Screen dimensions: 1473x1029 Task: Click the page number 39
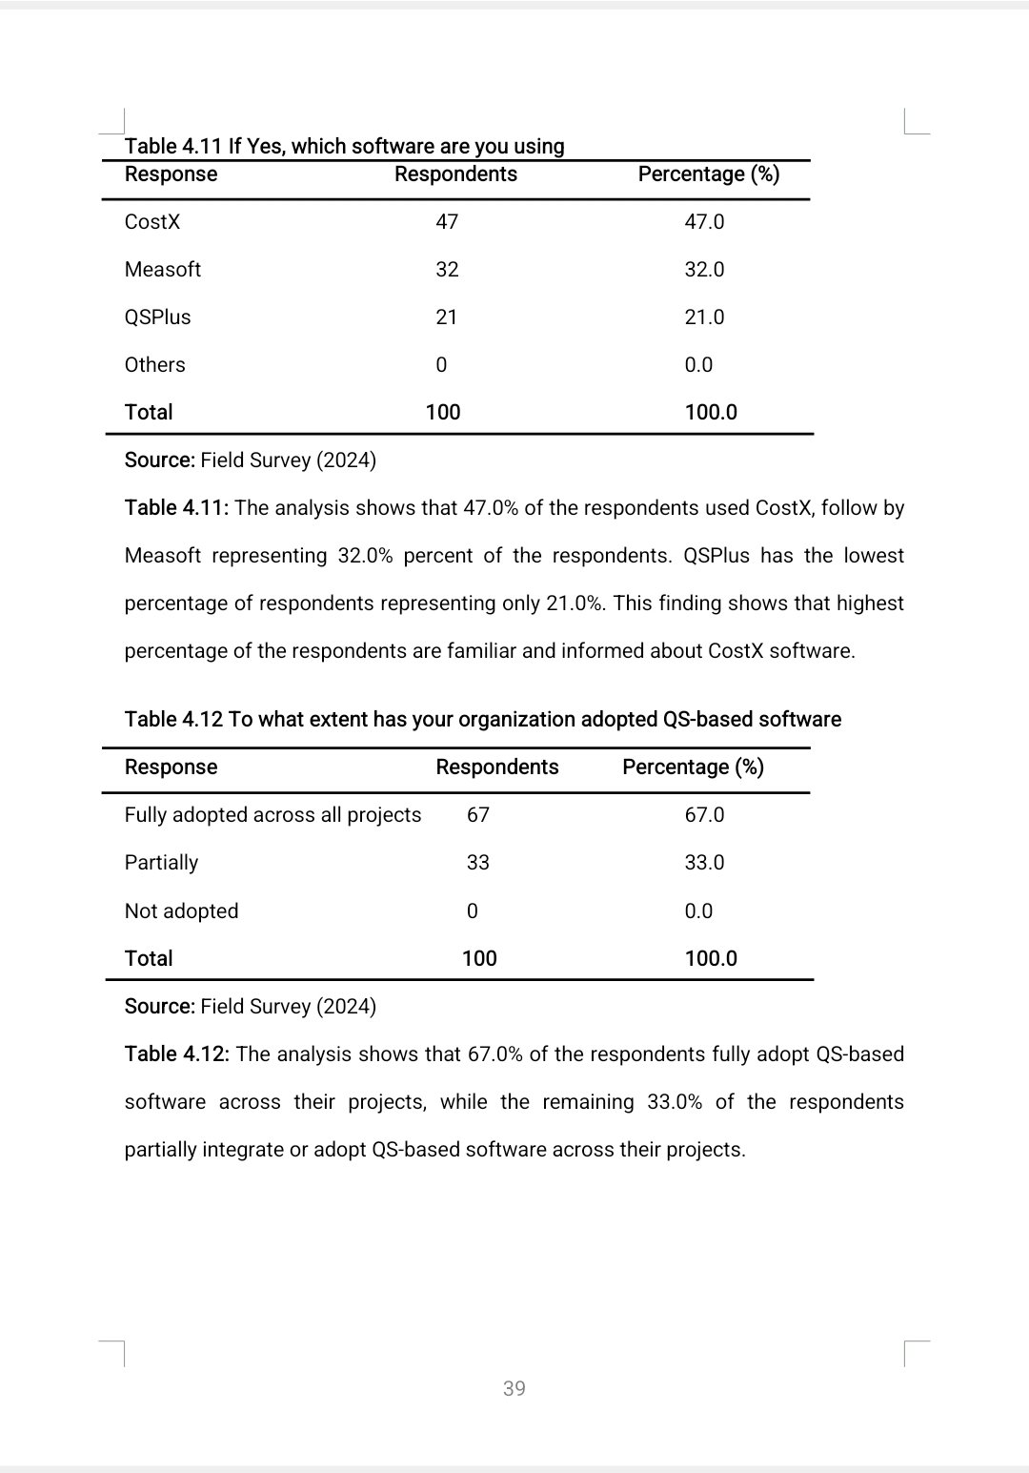click(x=514, y=1388)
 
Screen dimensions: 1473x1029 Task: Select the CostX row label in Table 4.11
click(x=152, y=222)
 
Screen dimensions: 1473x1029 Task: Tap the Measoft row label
click(x=163, y=270)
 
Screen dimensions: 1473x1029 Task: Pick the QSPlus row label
click(x=158, y=317)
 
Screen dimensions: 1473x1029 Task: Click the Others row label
click(x=155, y=365)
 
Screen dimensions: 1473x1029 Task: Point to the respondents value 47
click(x=447, y=222)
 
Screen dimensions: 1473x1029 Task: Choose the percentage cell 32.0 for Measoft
click(x=704, y=270)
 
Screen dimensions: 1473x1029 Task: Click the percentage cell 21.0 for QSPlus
click(x=704, y=317)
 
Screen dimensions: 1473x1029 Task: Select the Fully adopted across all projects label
click(x=272, y=815)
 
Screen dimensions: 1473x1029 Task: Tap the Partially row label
click(x=162, y=863)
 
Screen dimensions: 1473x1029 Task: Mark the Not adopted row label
click(x=182, y=911)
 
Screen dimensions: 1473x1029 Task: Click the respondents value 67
click(x=478, y=815)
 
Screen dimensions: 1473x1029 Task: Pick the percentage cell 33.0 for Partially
click(x=704, y=863)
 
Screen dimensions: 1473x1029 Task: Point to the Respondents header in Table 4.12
click(x=497, y=767)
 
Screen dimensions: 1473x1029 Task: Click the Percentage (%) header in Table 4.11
click(x=709, y=174)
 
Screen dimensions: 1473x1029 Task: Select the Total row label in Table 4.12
click(x=149, y=959)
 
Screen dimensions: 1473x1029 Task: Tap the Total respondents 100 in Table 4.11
click(x=443, y=413)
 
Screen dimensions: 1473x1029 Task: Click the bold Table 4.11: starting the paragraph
click(x=177, y=508)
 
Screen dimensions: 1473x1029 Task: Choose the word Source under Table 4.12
click(x=159, y=1007)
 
